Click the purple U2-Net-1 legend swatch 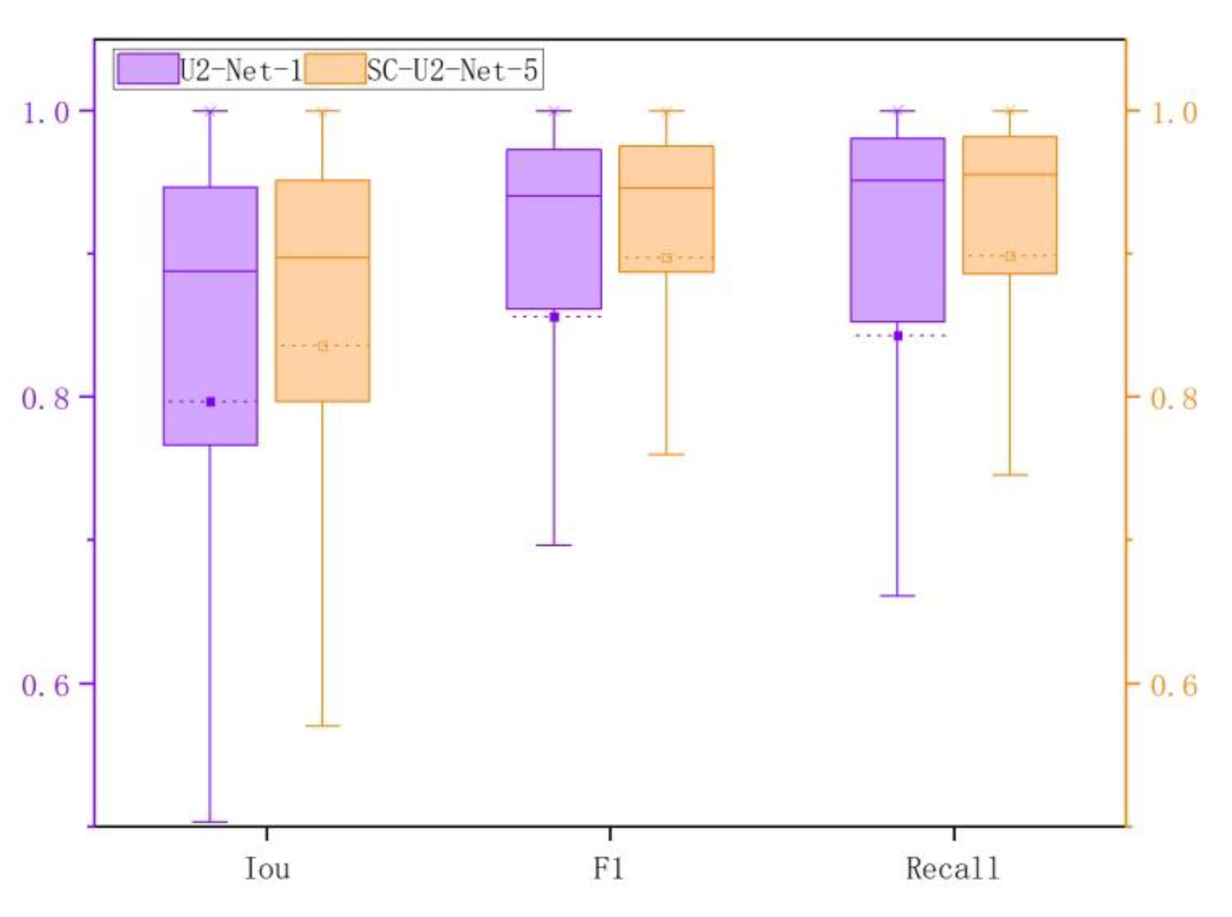pos(148,69)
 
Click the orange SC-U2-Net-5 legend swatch pos(335,69)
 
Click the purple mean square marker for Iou pos(210,402)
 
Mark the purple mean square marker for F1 pos(554,317)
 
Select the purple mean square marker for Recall pos(898,336)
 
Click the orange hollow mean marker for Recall pos(1010,256)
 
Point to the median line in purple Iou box pos(210,271)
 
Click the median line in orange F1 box pos(666,187)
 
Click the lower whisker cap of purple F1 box pos(554,545)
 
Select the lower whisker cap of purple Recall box pos(898,596)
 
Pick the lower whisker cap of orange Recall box pos(1010,475)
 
